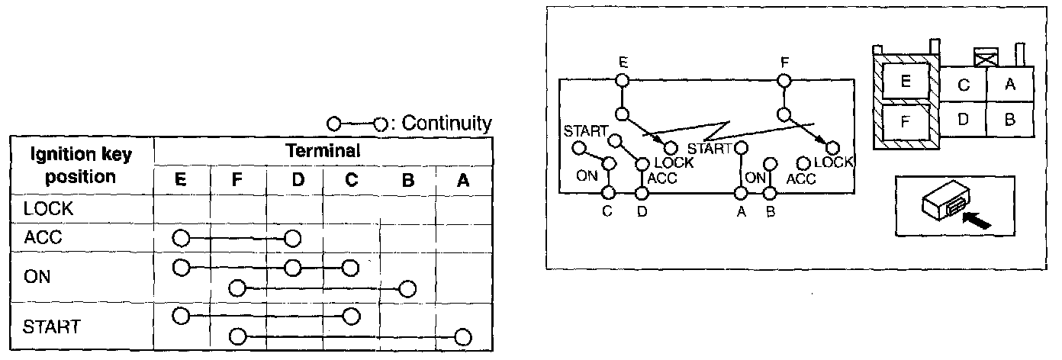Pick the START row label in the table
(51, 326)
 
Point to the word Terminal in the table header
(323, 151)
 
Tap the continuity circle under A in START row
(462, 336)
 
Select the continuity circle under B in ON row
(407, 289)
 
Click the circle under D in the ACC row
(293, 238)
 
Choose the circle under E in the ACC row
(181, 238)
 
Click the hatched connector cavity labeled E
(906, 80)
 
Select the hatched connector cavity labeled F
(906, 122)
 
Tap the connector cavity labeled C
(963, 85)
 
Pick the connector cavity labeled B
(1009, 120)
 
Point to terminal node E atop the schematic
(623, 79)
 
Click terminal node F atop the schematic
(784, 79)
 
